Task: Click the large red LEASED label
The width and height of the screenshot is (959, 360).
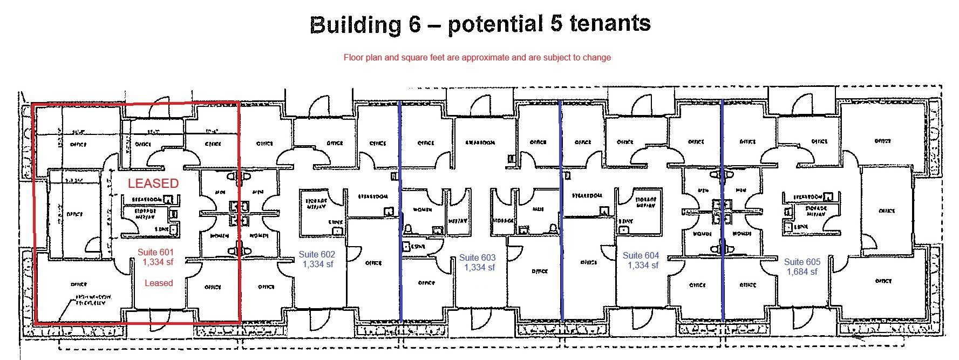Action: pos(153,184)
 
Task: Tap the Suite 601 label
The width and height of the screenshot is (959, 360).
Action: pos(155,252)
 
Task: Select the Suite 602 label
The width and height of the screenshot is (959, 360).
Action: pos(317,255)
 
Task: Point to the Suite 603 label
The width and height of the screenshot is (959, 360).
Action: pos(477,258)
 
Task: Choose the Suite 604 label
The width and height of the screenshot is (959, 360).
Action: pos(641,255)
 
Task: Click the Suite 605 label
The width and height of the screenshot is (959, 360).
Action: pos(802,262)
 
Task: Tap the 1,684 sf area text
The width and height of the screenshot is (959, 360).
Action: pos(802,271)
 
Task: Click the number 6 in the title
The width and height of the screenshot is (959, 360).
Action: pos(414,24)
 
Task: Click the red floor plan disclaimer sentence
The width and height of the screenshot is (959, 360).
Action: pos(477,57)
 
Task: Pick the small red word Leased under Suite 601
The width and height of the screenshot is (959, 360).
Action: pos(159,283)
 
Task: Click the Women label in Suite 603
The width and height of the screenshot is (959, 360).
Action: pos(422,209)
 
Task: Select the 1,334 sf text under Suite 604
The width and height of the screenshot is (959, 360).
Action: pos(643,265)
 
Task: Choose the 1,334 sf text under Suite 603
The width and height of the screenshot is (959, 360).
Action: pos(479,267)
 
